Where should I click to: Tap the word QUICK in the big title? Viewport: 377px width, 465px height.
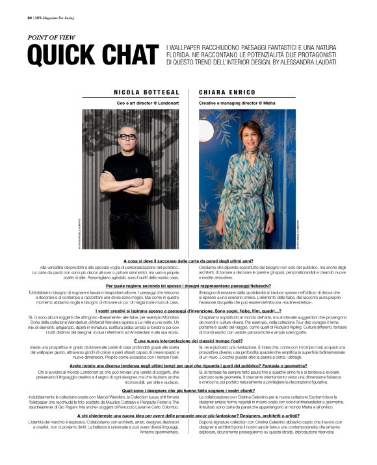(x=61, y=56)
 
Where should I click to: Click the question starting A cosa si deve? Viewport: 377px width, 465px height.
(x=188, y=261)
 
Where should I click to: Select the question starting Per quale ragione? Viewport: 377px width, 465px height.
(x=188, y=286)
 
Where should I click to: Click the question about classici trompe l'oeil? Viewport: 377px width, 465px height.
(x=188, y=341)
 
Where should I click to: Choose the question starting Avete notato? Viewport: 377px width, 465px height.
(x=188, y=366)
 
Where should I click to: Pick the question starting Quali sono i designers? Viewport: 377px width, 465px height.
(x=188, y=391)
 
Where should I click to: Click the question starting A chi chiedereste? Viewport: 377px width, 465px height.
(x=188, y=416)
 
